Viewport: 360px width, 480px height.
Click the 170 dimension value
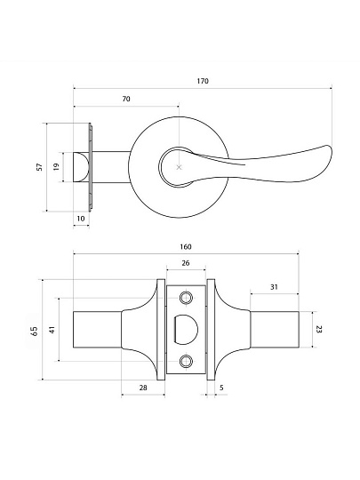coord(203,81)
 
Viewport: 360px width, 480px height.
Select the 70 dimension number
coord(126,99)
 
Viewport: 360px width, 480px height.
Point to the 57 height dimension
coord(39,167)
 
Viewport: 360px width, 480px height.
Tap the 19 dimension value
coord(56,166)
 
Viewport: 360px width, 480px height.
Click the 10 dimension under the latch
coord(81,219)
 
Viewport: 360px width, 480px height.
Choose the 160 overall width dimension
coord(186,247)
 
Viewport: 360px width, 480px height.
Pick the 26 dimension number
coord(186,263)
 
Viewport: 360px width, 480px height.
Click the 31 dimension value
coord(274,287)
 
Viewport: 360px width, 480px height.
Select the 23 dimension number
coord(319,330)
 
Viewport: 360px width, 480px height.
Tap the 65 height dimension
coord(35,332)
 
